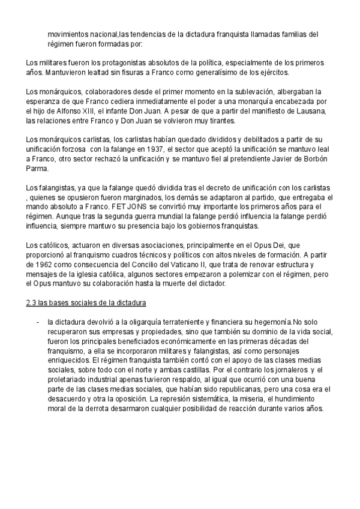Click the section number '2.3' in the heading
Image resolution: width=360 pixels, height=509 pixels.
click(32, 303)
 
